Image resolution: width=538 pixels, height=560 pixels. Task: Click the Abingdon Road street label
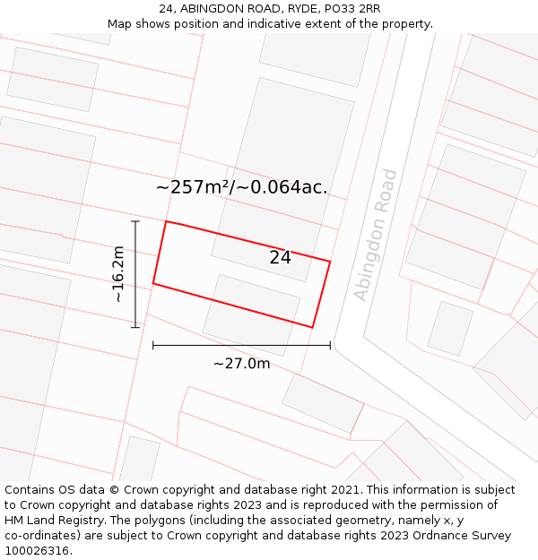(x=375, y=235)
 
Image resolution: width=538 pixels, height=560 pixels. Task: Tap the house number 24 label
(x=280, y=257)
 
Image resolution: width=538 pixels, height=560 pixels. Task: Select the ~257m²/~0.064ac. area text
(x=241, y=187)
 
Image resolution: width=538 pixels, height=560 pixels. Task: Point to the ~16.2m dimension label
(x=117, y=274)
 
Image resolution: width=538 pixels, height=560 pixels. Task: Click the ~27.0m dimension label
(x=241, y=364)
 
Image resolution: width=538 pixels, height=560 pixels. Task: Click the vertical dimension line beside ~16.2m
(x=135, y=274)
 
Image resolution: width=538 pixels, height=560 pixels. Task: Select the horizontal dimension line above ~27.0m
(x=241, y=345)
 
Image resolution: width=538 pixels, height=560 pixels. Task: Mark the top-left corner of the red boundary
(x=166, y=221)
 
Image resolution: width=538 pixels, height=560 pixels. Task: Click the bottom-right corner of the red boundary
(x=312, y=327)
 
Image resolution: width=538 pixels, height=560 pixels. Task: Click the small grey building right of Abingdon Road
(x=450, y=328)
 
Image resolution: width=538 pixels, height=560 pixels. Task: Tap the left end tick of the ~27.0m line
(x=153, y=345)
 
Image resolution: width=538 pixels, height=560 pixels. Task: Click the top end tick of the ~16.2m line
(x=135, y=221)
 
